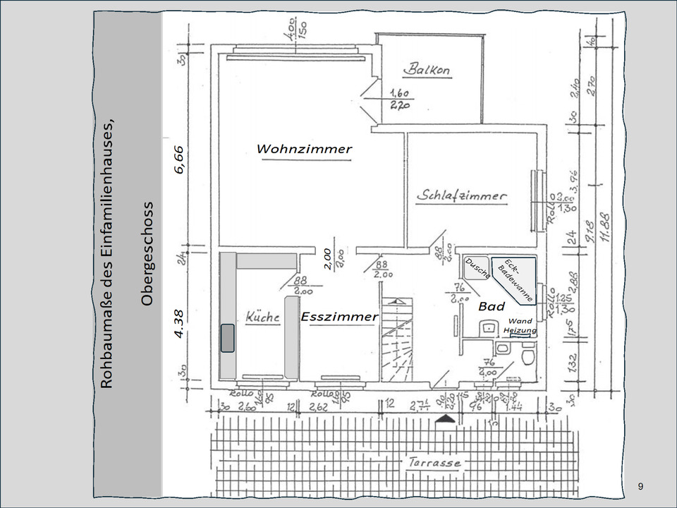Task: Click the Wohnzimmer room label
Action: pos(303,149)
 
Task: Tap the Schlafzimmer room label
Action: pos(461,195)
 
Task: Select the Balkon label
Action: pos(427,70)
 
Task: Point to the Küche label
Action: pos(262,317)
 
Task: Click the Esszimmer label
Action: pos(339,316)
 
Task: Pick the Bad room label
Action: pos(492,306)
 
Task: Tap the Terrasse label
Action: pos(434,463)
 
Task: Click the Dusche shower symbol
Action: pos(478,269)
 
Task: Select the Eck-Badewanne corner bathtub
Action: pos(515,279)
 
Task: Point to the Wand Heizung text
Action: pos(520,326)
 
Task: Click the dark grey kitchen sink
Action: pos(228,337)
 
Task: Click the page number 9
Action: pos(640,486)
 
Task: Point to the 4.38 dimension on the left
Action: pos(179,324)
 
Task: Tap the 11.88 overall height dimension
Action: pos(605,226)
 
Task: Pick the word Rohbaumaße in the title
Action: pos(106,349)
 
